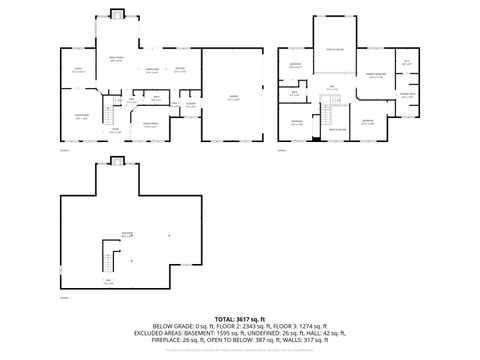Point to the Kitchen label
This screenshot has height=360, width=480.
tap(180, 69)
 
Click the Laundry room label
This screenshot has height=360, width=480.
tap(190, 105)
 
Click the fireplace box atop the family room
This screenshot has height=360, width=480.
tap(116, 13)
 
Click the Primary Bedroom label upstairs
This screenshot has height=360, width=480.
tap(376, 76)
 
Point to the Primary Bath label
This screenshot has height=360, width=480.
tap(407, 96)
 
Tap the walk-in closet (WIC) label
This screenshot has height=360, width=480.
tap(407, 62)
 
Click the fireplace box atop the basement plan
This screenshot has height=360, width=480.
tap(116, 161)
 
